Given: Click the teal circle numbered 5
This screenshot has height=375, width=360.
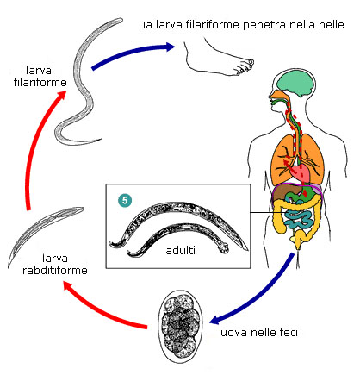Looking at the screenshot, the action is [125, 200].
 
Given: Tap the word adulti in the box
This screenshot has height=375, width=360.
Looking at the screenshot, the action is [181, 250].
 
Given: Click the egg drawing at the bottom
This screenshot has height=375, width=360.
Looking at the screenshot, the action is [181, 327].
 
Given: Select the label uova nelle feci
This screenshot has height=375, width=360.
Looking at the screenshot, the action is [259, 333].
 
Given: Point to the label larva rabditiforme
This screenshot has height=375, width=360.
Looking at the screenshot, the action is [55, 264].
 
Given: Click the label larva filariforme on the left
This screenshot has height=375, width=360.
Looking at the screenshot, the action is [40, 77].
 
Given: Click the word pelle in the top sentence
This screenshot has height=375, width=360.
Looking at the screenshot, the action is [332, 25].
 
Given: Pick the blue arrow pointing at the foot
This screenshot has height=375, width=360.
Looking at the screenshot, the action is [132, 53].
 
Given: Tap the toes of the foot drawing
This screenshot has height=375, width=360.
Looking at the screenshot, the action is [245, 66].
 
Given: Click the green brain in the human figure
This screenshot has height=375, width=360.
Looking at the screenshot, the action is [295, 84].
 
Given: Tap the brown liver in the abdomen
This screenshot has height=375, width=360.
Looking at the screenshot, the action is [282, 193].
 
